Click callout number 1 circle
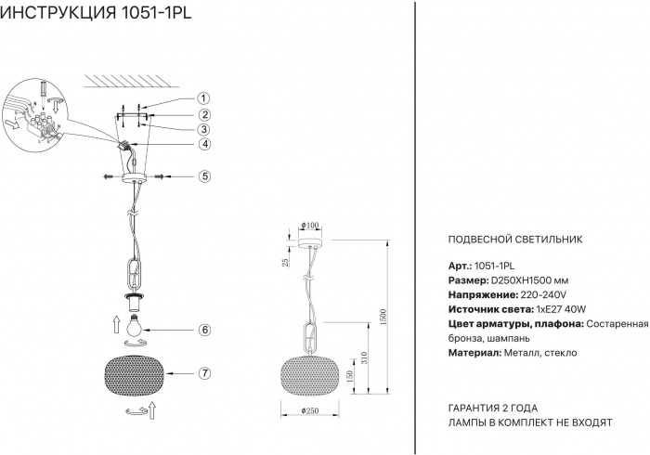point(203,98)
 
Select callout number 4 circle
point(204,144)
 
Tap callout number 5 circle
point(204,176)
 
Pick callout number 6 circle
point(204,330)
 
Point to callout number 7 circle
point(204,373)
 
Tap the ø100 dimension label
point(310,226)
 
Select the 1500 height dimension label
point(383,317)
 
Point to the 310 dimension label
point(365,358)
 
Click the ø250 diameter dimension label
point(310,410)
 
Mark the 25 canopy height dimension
point(285,262)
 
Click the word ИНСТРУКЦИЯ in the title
point(58,13)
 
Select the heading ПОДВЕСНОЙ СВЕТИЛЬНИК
point(515,240)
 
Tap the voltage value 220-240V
point(543,295)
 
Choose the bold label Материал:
point(474,353)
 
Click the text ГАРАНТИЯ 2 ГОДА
point(493,409)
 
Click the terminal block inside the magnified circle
point(37,124)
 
